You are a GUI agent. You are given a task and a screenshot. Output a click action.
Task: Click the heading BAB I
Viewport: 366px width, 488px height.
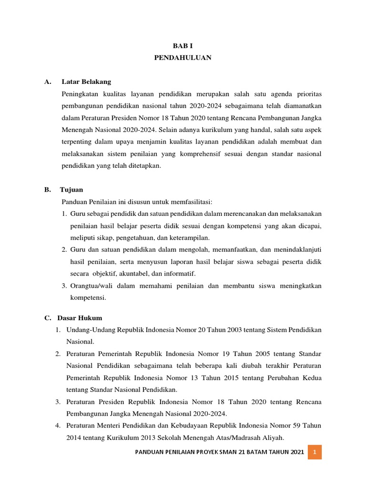point(183,46)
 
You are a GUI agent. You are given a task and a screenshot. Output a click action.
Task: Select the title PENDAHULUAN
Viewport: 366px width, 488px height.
point(183,58)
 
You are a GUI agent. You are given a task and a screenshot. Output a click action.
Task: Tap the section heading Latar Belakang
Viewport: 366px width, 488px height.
point(86,81)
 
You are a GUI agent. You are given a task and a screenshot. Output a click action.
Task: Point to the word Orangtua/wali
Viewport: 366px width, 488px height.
point(90,285)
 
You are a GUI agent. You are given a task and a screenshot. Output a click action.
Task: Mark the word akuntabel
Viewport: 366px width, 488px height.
point(135,274)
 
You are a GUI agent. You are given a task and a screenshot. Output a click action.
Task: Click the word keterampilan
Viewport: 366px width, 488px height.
point(189,237)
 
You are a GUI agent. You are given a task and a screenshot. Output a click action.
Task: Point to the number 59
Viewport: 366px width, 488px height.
point(292,425)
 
